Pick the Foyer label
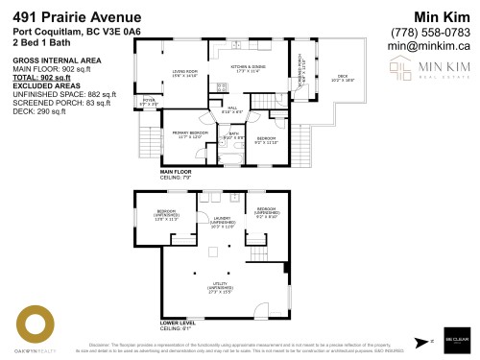click(x=149, y=101)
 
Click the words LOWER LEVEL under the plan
click(x=179, y=323)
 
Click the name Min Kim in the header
click(x=442, y=17)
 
